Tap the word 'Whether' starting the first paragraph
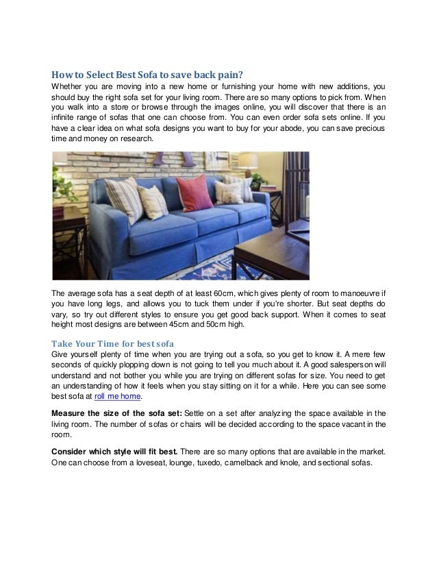[x=69, y=86]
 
